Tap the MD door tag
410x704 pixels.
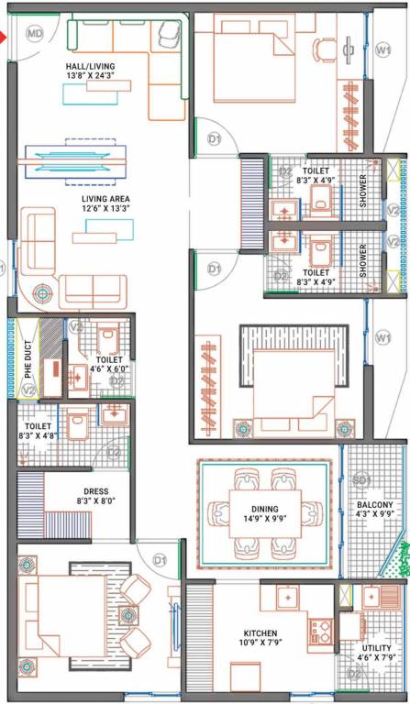35,34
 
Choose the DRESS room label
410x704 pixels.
95,490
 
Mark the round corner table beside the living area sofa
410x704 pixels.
42,294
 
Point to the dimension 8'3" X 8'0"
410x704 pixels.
95,501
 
